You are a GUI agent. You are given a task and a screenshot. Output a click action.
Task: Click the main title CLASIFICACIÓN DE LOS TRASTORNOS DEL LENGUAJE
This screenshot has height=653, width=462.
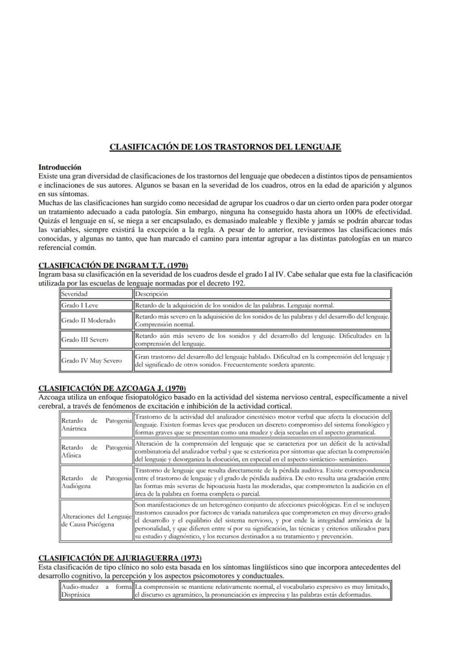coord(225,147)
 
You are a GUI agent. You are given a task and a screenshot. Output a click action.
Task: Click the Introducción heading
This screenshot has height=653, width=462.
coord(60,167)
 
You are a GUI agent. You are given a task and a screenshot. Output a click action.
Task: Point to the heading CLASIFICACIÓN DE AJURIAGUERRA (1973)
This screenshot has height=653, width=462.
coord(120,558)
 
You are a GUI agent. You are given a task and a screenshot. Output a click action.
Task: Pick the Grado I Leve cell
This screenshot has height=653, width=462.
coord(96,306)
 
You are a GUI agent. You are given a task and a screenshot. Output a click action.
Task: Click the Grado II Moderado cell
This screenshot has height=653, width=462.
coord(96,321)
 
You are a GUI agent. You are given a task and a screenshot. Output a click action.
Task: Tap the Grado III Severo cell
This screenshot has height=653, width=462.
coord(96,340)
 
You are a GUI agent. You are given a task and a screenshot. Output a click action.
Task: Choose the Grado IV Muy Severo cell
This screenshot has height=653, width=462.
coord(96,360)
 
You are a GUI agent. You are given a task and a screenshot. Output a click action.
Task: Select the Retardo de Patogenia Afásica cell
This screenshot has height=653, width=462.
coord(96,451)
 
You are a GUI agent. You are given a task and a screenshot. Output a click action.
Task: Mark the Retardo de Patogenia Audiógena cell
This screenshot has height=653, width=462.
coord(96,482)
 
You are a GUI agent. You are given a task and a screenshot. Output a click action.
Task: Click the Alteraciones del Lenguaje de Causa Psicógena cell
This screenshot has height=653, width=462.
coord(96,520)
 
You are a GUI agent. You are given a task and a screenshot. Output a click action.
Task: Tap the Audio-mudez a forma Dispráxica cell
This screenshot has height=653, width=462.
coord(96,591)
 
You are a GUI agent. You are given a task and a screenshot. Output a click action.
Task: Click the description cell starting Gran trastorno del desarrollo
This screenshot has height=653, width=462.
coord(262,360)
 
